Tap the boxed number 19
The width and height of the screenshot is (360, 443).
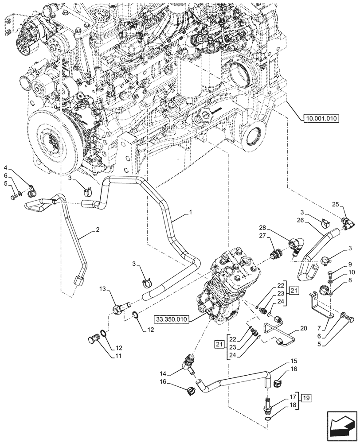tap(306, 397)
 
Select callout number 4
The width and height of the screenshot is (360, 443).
tap(6, 167)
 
